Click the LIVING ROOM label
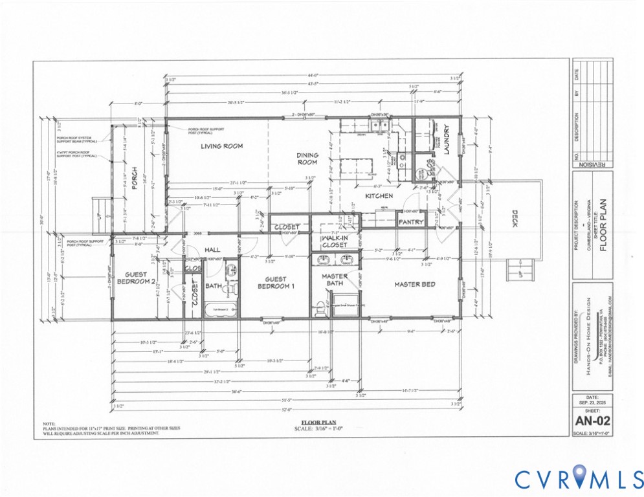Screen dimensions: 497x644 [221, 146]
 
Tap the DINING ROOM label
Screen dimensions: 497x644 [307, 159]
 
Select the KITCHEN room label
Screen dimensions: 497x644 [379, 195]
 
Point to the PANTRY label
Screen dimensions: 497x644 [411, 222]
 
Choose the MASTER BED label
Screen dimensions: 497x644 [415, 284]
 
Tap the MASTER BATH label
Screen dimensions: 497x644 [335, 280]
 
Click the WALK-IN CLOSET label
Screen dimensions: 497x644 [335, 241]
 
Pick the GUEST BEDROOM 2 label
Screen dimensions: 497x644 [137, 278]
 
